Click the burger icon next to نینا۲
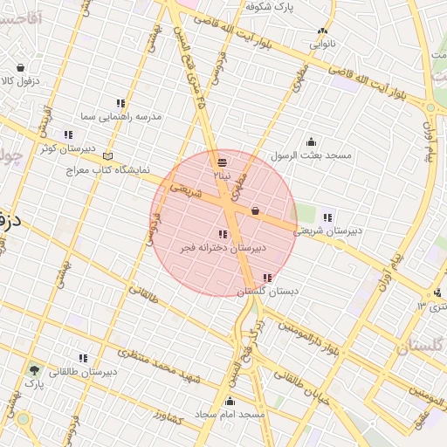pos(222,162)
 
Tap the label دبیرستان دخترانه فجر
pos(223,248)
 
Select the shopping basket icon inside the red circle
pos(255,210)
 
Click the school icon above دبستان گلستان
pos(267,278)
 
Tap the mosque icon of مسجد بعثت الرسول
pos(311,142)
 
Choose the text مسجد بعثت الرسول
pos(310,155)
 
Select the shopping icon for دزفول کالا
pos(20,67)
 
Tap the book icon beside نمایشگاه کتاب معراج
pos(107,155)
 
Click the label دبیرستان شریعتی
pos(327,231)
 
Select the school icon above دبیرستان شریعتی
pos(327,217)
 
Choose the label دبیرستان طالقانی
pos(83,372)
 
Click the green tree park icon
pos(33,370)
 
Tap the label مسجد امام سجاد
pos(230,413)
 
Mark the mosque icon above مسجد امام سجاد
pos(230,402)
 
